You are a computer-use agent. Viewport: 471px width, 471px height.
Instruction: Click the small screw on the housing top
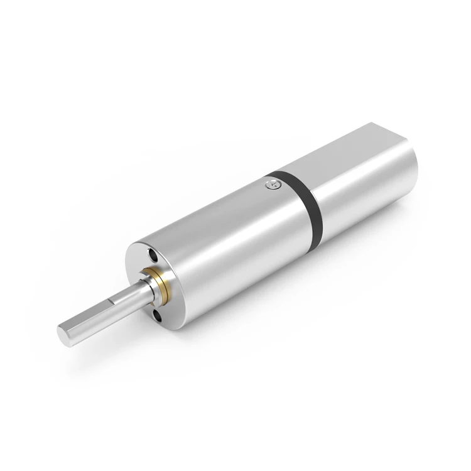271,184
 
